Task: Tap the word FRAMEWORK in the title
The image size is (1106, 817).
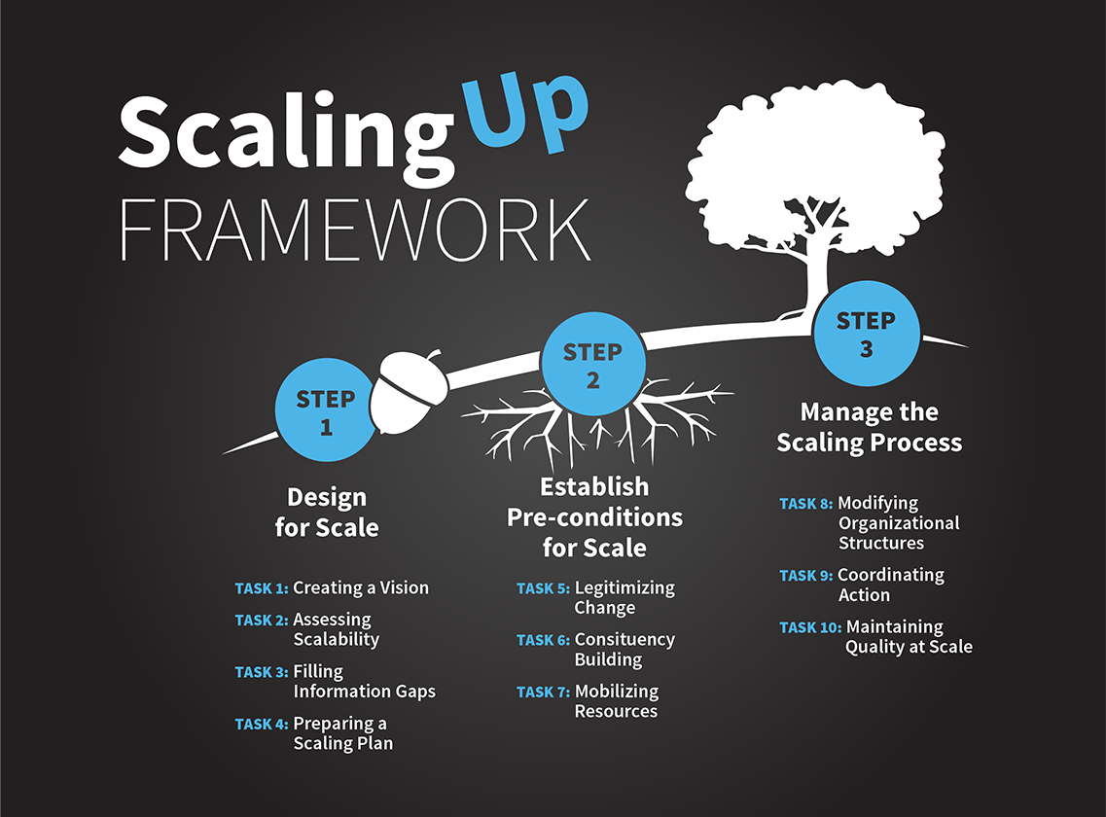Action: (355, 230)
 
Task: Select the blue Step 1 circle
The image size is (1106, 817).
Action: (325, 409)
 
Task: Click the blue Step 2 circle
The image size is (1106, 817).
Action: (592, 364)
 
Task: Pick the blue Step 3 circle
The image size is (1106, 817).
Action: (866, 334)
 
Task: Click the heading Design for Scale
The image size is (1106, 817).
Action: (327, 513)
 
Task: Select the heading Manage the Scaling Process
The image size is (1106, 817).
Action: (869, 427)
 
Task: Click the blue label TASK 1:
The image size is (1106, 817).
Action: (262, 588)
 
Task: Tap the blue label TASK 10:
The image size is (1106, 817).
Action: (810, 627)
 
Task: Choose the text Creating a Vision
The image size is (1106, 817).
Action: (361, 587)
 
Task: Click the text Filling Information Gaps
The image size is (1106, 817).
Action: (364, 682)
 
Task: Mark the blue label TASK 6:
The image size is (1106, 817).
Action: (543, 640)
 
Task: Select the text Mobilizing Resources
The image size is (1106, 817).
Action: (617, 701)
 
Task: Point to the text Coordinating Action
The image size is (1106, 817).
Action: (891, 585)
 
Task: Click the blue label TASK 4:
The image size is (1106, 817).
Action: (262, 725)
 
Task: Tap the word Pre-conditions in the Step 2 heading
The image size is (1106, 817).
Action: (594, 517)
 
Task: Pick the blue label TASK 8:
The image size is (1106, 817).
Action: (806, 504)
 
